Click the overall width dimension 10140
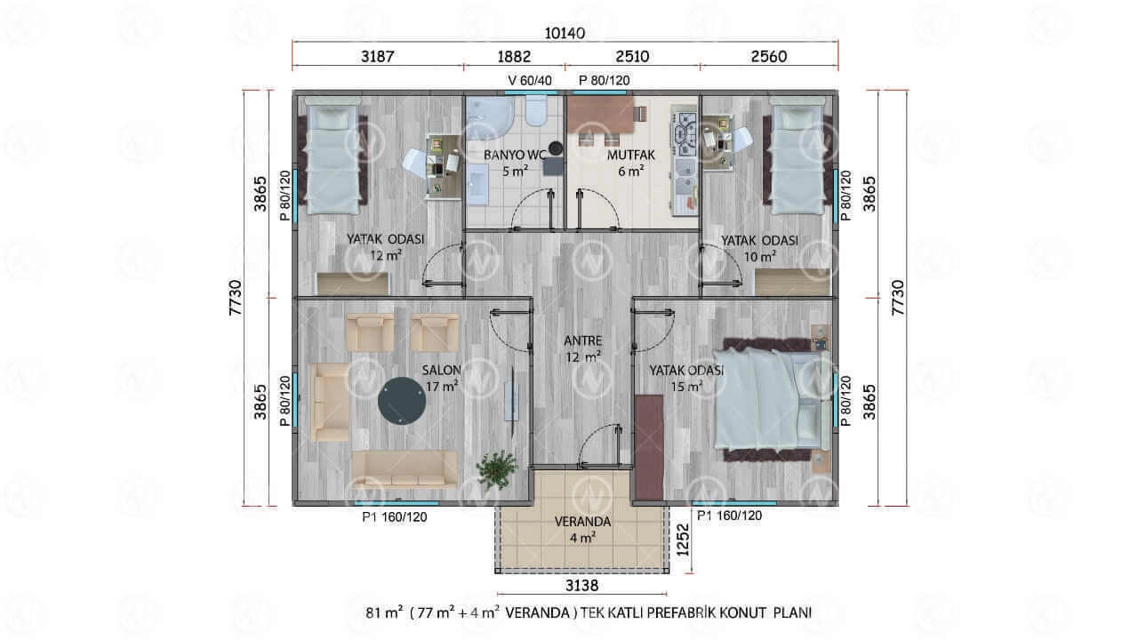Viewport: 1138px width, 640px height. (x=565, y=34)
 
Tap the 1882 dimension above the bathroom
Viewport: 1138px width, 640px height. (x=514, y=56)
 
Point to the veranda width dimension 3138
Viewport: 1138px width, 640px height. (x=581, y=586)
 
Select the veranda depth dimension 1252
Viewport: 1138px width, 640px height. (x=684, y=540)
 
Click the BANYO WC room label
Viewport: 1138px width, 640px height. (x=515, y=155)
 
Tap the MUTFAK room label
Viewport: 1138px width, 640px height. (x=631, y=155)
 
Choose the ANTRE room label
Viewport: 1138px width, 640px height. (x=582, y=340)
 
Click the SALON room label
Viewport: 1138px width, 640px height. (x=441, y=371)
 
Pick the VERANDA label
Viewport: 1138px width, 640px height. (x=582, y=522)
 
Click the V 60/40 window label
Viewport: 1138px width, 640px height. (x=530, y=80)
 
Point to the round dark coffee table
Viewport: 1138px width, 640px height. (x=402, y=401)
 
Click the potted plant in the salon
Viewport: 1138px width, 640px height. (x=497, y=469)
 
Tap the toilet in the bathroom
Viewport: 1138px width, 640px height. (x=536, y=111)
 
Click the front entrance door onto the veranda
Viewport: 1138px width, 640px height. (x=599, y=445)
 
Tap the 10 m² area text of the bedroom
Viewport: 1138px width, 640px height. (x=759, y=257)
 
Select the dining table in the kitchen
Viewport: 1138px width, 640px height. (x=600, y=116)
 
